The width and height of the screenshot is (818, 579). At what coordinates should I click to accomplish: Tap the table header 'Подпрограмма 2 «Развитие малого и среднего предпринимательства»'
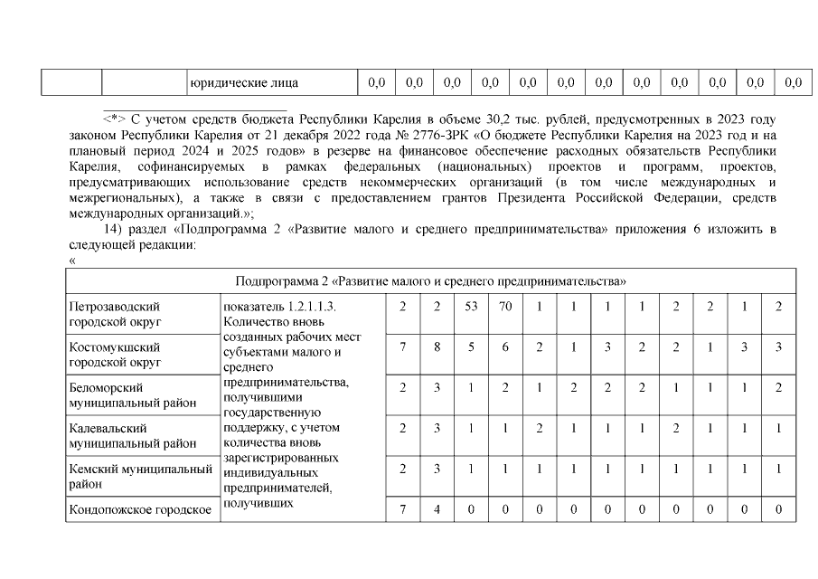(x=431, y=280)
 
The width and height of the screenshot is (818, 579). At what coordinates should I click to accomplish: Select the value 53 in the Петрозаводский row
(x=471, y=307)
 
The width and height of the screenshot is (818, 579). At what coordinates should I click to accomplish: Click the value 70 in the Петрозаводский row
(x=505, y=307)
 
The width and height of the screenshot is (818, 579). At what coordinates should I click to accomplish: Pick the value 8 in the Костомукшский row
(x=437, y=346)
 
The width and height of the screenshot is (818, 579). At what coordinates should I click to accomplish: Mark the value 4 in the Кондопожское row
(x=437, y=509)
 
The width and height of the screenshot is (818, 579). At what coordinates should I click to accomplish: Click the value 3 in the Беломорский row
(x=437, y=387)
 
